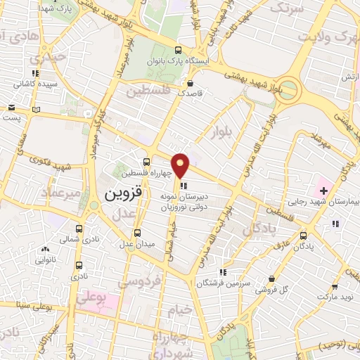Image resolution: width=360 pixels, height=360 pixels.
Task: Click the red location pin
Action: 181,165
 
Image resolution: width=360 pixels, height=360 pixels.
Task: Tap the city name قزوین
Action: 124,193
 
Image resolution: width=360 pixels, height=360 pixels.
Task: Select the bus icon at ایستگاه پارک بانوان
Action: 178,50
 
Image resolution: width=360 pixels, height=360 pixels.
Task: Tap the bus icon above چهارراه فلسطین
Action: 146,162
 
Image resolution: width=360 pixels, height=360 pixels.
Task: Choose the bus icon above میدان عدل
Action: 137,233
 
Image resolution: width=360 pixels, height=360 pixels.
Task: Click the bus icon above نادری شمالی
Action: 78,229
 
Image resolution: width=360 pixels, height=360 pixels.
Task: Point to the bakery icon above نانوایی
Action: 46,248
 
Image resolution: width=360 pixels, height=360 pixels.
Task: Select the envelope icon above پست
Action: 11,108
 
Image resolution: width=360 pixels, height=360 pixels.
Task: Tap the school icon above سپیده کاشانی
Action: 35,72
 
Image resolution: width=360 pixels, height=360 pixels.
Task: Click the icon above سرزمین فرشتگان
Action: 222,271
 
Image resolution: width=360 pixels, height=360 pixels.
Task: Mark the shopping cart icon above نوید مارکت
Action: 335,286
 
